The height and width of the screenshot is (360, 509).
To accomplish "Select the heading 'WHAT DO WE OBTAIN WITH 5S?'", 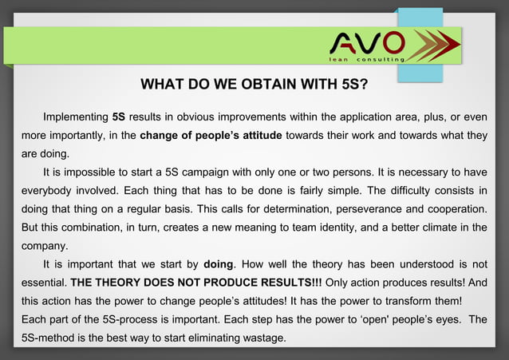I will point(254,85).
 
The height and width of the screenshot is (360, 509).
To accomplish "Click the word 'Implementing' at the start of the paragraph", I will point(76,117).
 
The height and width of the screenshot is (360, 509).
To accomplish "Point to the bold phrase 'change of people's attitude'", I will point(211,135).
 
